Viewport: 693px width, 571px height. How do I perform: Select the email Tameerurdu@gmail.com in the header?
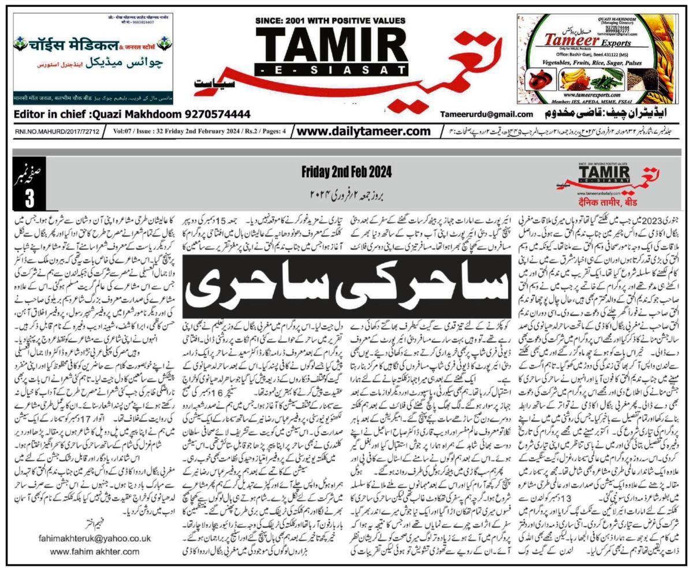[486, 114]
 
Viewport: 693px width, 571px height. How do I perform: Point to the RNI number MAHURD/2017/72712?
[57, 132]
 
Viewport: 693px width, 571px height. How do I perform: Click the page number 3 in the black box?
[29, 197]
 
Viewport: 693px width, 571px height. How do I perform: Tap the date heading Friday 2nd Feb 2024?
[346, 171]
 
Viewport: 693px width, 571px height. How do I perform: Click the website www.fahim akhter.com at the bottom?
[95, 551]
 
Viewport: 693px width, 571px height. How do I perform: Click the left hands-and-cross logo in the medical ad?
[21, 43]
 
